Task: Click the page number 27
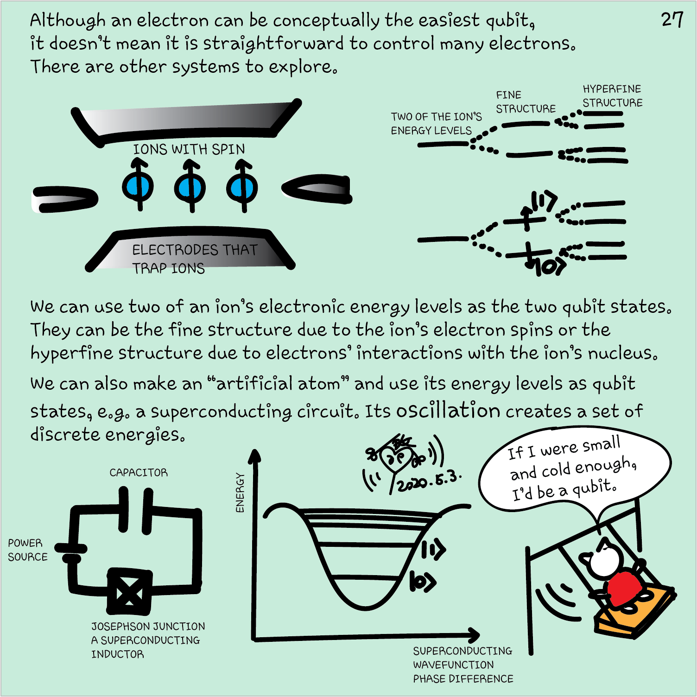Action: (672, 19)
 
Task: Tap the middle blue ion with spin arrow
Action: (190, 186)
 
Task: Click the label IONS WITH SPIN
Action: (189, 149)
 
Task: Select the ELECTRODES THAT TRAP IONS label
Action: (195, 259)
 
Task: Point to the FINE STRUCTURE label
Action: (526, 102)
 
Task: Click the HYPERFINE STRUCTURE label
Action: (612, 96)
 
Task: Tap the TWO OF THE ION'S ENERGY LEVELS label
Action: (436, 124)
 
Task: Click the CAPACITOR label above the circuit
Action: (139, 472)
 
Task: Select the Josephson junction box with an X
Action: (130, 592)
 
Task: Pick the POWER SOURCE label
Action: (28, 550)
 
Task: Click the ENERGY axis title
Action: (240, 493)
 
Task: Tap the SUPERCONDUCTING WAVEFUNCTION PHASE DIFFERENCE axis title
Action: (463, 665)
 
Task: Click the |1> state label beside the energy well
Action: (434, 550)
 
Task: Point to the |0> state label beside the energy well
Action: (423, 582)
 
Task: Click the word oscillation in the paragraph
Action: (448, 410)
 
